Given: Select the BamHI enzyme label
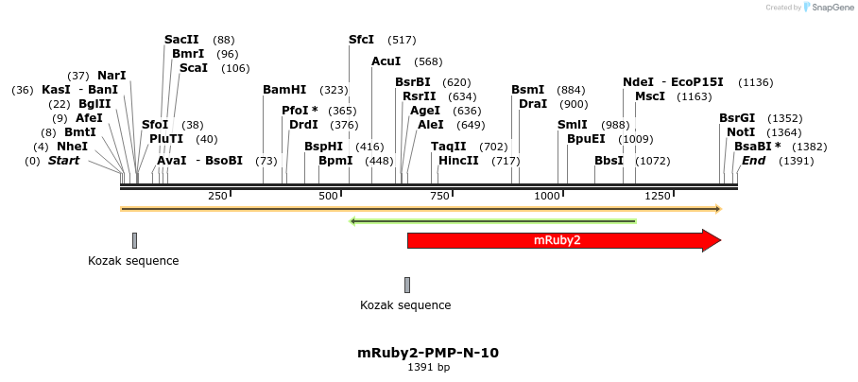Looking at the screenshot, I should coord(284,90).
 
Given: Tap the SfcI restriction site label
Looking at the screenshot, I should coord(361,40).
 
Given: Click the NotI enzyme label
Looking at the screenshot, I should coord(741,132).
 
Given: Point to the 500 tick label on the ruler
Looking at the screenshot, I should coord(328,196).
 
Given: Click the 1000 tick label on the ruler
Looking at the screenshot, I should coord(547,196).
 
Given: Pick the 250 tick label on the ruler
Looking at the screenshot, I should coord(217,196).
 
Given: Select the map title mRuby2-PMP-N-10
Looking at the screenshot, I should coord(428,353).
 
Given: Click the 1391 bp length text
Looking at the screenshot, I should coord(428,367).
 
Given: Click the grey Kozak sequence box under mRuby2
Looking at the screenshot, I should coord(407,285).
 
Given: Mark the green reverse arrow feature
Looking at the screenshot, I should coord(492,221).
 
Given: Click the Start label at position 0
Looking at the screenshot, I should coord(63,161).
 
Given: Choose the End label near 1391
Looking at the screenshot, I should coord(753,161).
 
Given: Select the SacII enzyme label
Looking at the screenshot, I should coord(181,40).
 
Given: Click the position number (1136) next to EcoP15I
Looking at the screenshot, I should coord(755,82).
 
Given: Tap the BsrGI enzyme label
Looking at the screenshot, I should coord(737,118).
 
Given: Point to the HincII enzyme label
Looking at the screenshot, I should coord(458,161).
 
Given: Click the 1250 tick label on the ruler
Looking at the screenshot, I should coord(657,196).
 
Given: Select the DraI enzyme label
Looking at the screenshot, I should coord(533,104).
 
